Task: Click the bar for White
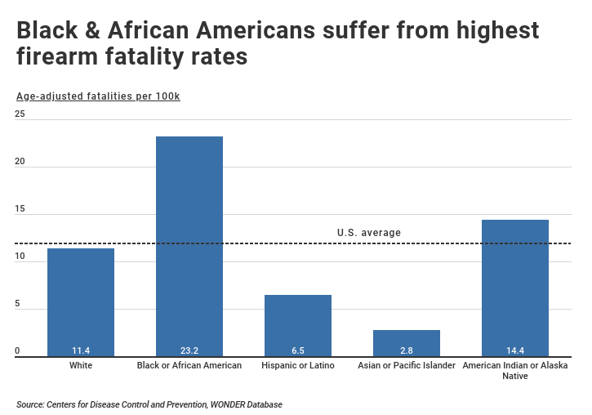coord(81,302)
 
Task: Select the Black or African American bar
coord(189,245)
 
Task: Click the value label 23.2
coord(189,351)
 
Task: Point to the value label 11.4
coord(81,351)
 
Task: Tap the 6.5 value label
coord(298,351)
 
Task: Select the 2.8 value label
coord(407,351)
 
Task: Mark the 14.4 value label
coord(515,351)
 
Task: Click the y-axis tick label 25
coord(20,114)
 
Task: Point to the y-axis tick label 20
coord(20,162)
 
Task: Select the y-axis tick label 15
coord(20,209)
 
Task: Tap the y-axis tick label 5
coord(18,305)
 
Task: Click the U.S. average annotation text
coord(369,233)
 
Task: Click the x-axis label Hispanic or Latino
coord(298,365)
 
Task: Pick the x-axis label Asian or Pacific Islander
coord(407,365)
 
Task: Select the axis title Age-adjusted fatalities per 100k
coord(98,96)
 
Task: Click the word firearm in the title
coord(64,59)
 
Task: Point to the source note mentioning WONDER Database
coord(151,404)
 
